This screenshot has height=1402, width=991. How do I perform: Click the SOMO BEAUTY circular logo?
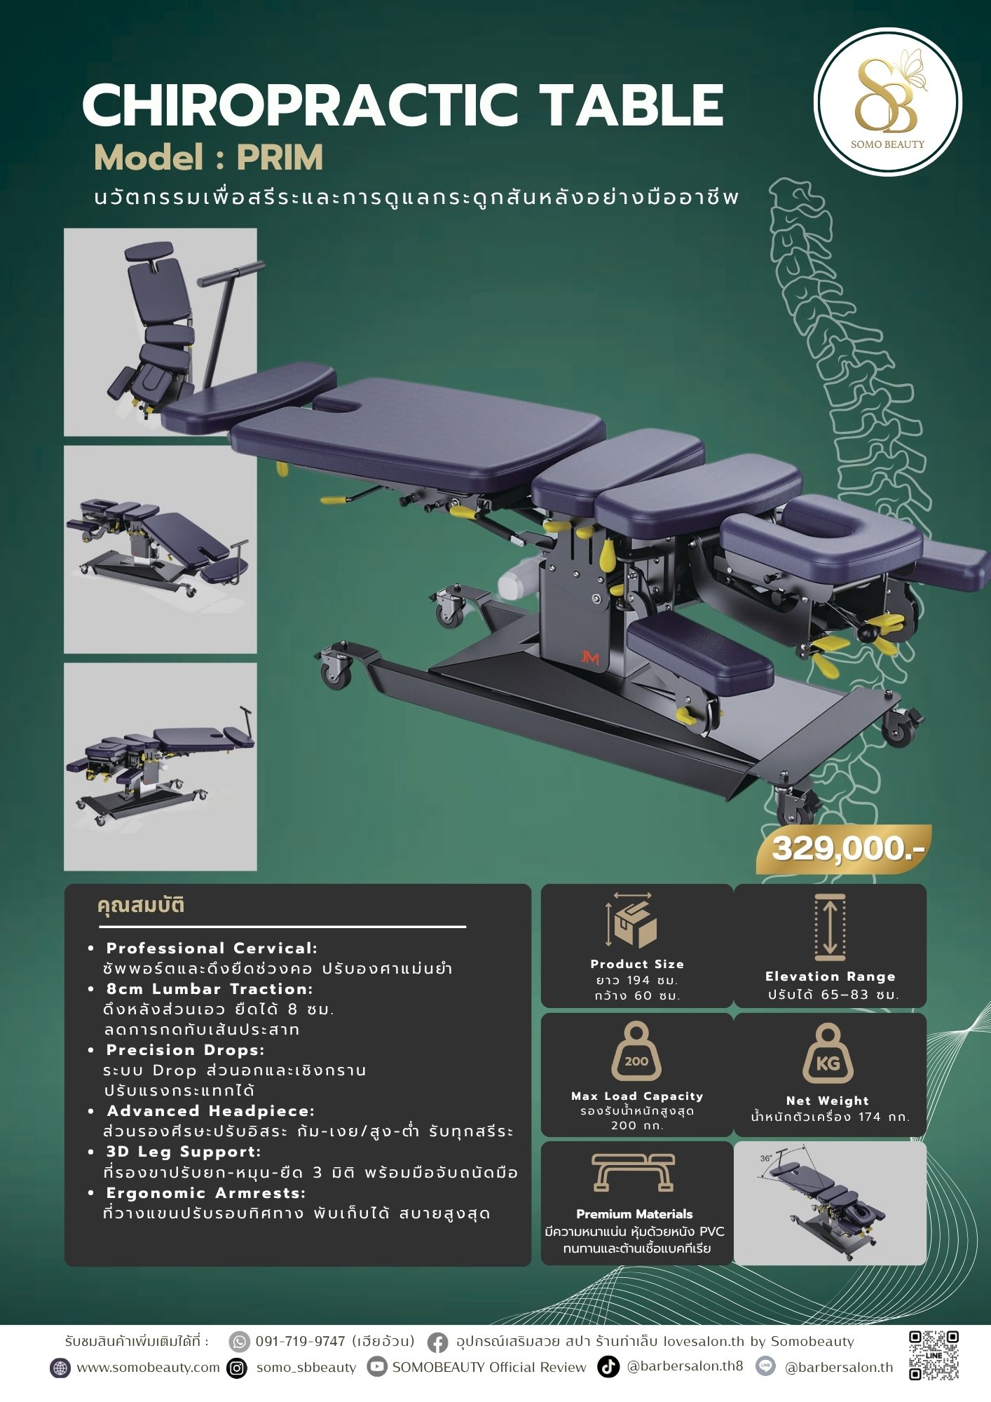pos(887,102)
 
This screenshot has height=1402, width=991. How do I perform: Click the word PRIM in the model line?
pos(280,158)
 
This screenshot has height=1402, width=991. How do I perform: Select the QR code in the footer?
pos(934,1355)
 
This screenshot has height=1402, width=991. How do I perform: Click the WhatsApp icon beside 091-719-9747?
pos(240,1342)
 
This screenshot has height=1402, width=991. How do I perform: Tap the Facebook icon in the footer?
pos(438,1342)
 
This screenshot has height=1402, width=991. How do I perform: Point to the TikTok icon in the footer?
pos(608,1366)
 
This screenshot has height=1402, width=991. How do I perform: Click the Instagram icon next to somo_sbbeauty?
pos(238,1368)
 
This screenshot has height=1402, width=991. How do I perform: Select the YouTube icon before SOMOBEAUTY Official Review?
pos(378,1367)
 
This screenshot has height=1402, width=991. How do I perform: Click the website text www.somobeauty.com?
pos(148,1368)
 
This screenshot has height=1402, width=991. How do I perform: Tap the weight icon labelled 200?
pos(636,1051)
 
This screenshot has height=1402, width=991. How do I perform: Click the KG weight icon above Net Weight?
pos(828,1054)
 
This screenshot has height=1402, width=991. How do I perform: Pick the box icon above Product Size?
pos(632,920)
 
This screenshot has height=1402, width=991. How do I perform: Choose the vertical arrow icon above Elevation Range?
pos(831,927)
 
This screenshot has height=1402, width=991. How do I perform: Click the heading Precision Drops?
pos(185,1050)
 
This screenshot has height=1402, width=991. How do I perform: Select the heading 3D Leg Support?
pos(184,1152)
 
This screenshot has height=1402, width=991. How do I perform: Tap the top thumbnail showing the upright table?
pos(160,332)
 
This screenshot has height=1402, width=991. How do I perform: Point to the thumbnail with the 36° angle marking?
pos(830,1204)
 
